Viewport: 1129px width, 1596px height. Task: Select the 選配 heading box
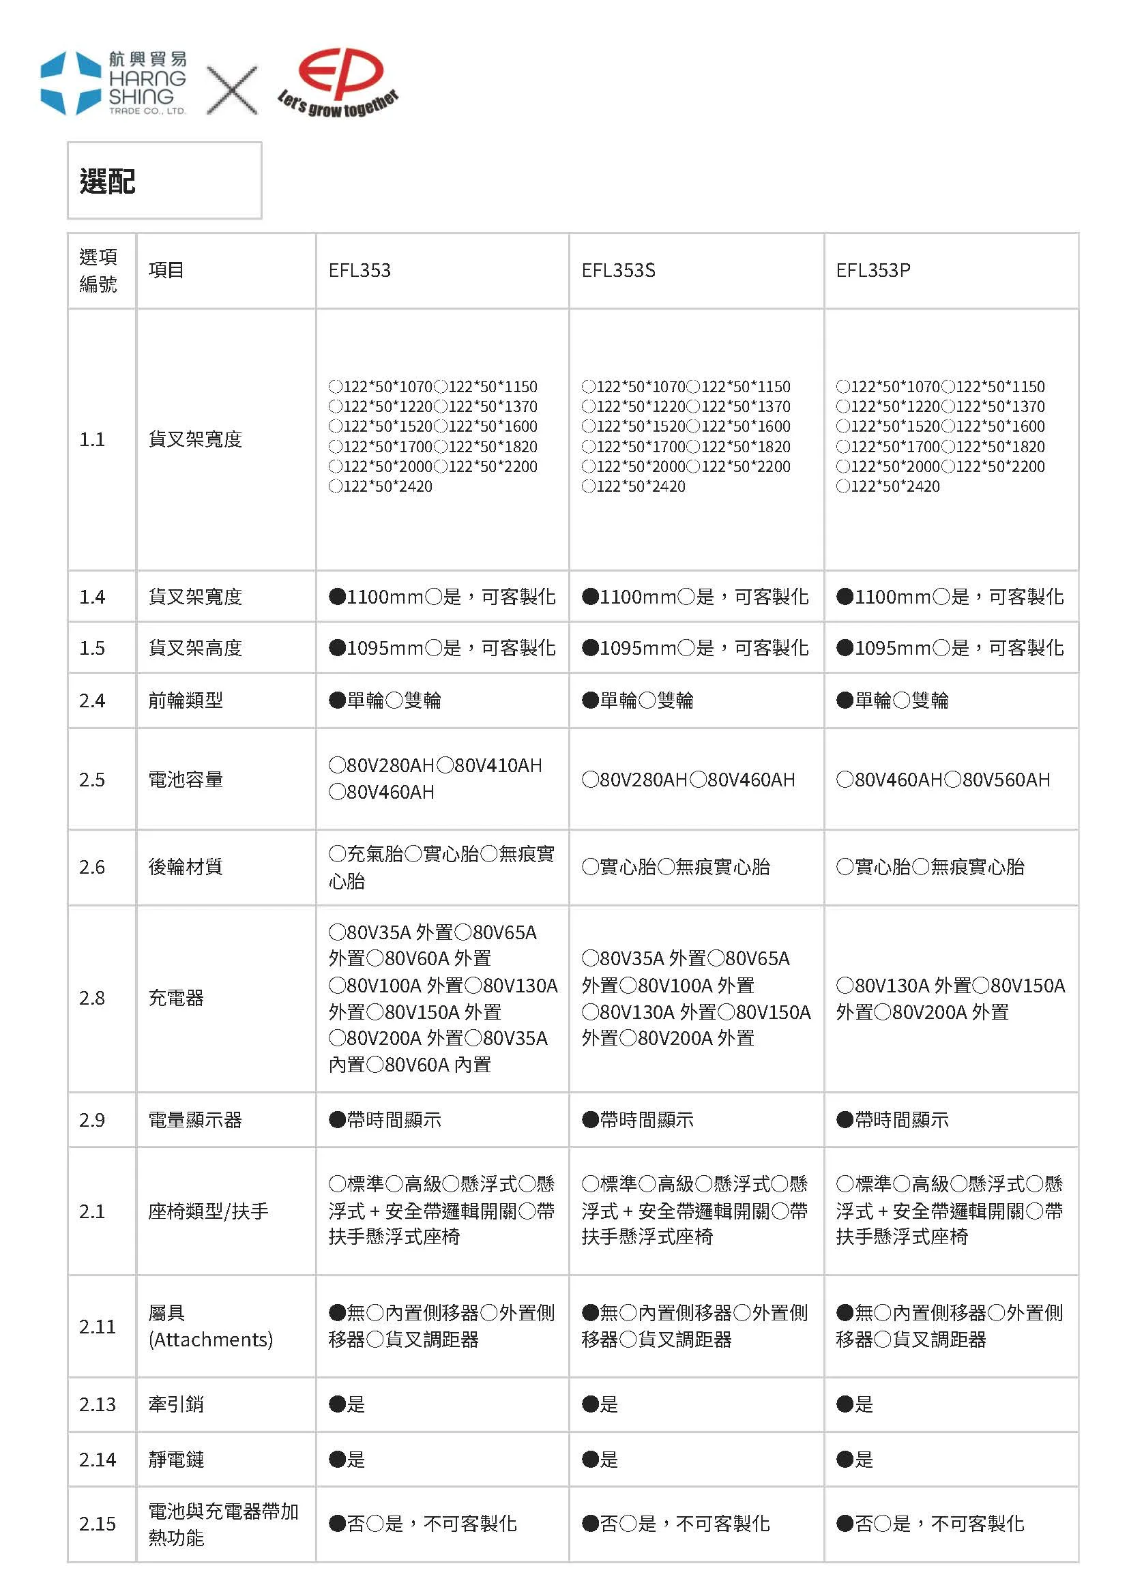[x=164, y=181]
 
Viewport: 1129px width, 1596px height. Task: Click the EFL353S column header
[x=618, y=270]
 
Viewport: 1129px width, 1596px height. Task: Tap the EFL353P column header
[x=873, y=270]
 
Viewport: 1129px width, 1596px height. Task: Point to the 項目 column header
[x=166, y=270]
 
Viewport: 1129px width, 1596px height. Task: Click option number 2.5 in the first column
[x=92, y=779]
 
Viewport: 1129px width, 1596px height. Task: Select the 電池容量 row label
[x=186, y=779]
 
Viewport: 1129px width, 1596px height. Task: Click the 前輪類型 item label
[x=186, y=700]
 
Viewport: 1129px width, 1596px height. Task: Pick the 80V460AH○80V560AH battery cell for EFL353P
[x=943, y=779]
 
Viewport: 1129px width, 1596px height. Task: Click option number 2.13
[x=97, y=1404]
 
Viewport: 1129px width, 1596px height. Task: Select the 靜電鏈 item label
[x=176, y=1459]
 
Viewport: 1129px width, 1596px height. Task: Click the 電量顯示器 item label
[x=194, y=1120]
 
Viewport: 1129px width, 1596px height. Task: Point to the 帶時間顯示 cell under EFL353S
[x=638, y=1120]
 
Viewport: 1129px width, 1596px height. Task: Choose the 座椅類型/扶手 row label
[x=208, y=1211]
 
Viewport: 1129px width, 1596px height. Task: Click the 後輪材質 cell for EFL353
[x=441, y=867]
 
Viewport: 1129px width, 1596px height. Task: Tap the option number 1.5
[x=92, y=648]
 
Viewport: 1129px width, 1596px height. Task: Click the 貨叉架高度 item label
[x=194, y=648]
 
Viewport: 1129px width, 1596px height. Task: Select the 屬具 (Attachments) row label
[x=210, y=1326]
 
